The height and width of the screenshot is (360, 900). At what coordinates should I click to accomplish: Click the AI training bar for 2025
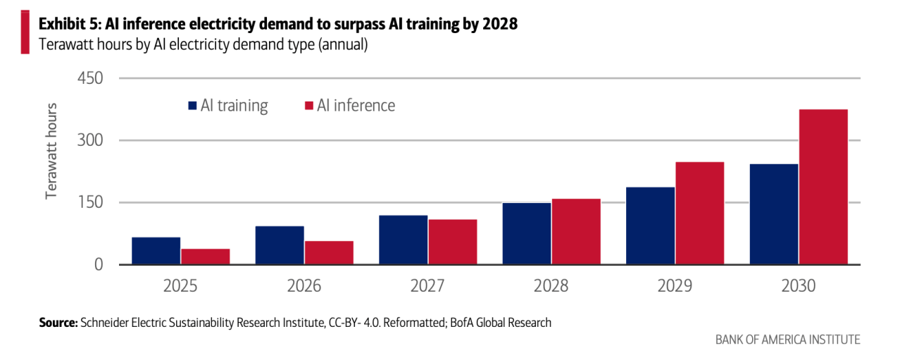(x=156, y=251)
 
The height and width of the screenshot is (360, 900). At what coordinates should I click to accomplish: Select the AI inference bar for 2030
(x=823, y=187)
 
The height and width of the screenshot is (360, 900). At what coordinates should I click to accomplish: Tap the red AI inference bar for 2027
(x=452, y=242)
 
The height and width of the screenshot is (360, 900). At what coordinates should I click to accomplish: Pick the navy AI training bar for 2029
(x=650, y=225)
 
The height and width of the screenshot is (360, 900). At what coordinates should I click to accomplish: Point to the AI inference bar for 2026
(x=329, y=252)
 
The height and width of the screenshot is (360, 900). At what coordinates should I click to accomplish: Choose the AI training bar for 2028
(x=526, y=233)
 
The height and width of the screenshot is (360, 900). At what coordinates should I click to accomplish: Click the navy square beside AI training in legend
(x=192, y=106)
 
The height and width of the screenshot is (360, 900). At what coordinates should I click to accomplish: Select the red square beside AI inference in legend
(x=308, y=106)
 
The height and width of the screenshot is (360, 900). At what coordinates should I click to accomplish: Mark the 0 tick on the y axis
(x=98, y=265)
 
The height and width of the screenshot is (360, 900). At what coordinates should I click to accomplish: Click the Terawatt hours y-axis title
(x=51, y=151)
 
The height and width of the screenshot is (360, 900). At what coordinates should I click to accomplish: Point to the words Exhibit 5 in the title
(x=70, y=24)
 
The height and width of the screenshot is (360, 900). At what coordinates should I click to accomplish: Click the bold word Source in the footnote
(x=58, y=323)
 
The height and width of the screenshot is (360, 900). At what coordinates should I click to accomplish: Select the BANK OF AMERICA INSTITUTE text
(x=787, y=340)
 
